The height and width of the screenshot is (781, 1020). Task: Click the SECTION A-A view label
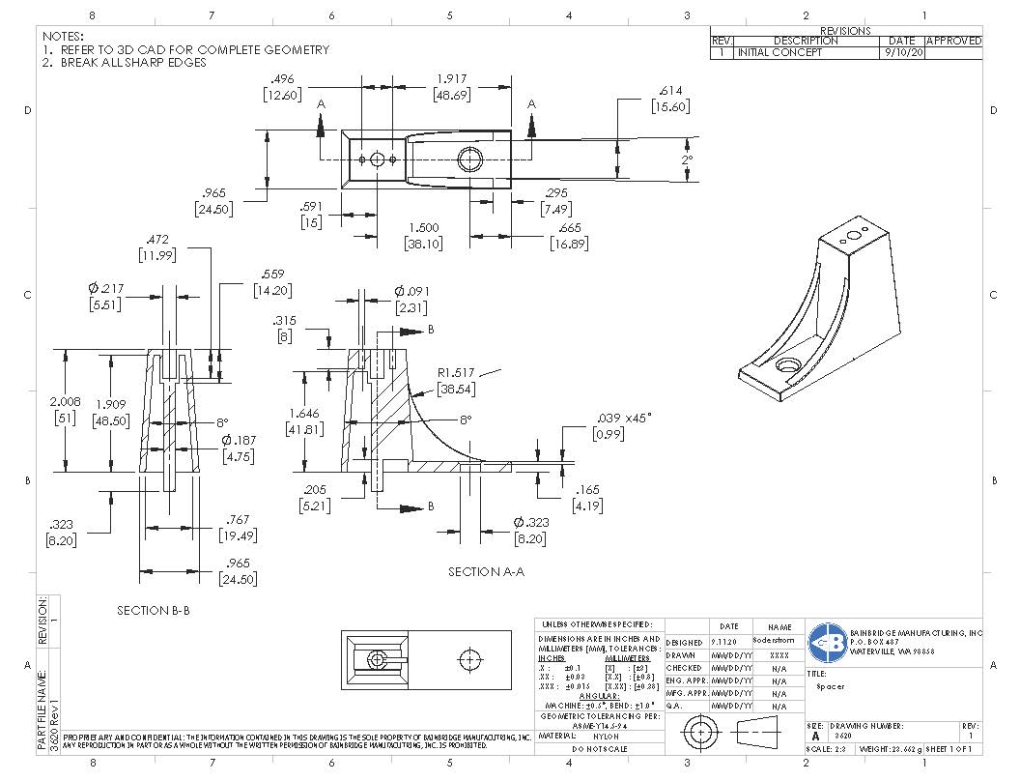click(486, 572)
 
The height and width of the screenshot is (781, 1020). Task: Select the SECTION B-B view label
click(154, 611)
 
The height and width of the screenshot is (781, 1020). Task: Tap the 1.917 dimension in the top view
click(451, 78)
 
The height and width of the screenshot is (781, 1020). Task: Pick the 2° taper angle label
click(687, 159)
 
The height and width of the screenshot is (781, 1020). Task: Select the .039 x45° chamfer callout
click(624, 417)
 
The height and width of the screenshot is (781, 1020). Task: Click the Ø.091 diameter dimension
click(411, 291)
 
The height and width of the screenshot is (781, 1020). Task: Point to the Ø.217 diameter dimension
click(105, 288)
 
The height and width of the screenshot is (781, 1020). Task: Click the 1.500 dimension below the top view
click(422, 226)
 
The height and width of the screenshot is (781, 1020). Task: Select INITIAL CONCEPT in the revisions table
click(779, 53)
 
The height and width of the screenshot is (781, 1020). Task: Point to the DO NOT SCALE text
click(600, 749)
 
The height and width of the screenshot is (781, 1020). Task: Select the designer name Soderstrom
click(779, 642)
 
